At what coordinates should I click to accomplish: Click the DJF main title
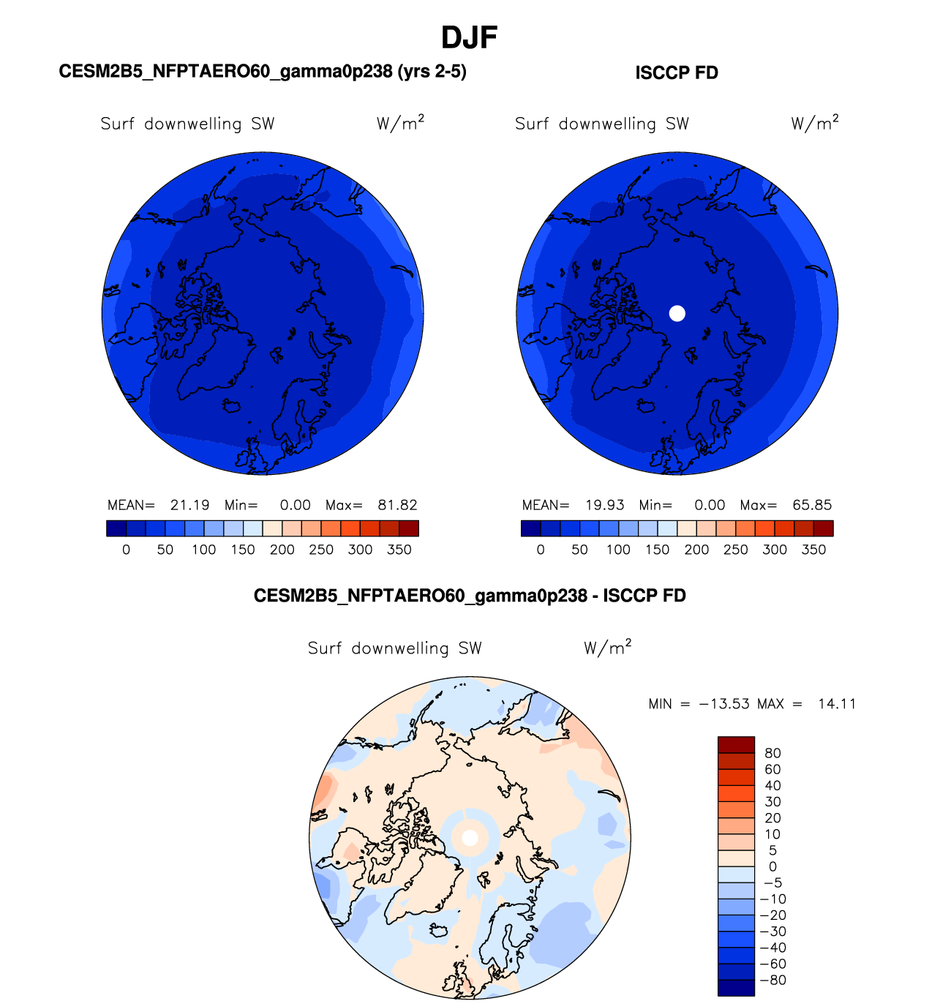(470, 37)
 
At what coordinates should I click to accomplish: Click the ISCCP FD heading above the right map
(677, 73)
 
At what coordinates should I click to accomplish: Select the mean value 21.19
(189, 505)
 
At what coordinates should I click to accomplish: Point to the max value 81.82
(397, 505)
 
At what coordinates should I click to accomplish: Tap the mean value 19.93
(604, 505)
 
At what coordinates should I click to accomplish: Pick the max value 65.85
(812, 505)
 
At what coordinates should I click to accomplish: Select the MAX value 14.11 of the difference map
(837, 704)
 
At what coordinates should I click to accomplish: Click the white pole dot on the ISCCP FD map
(677, 313)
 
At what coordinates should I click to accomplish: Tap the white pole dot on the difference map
(470, 837)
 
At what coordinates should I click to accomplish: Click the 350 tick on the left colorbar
(399, 550)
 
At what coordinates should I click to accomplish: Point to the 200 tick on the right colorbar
(696, 550)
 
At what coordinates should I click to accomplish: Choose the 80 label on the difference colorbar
(772, 753)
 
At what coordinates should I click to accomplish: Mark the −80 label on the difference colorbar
(773, 981)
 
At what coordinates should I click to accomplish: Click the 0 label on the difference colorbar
(772, 866)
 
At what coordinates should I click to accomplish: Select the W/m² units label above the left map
(400, 123)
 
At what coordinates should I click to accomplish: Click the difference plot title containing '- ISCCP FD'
(470, 596)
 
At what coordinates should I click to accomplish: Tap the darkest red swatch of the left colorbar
(409, 528)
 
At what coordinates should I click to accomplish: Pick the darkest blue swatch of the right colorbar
(530, 528)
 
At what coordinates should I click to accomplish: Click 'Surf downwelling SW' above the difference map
(395, 648)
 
